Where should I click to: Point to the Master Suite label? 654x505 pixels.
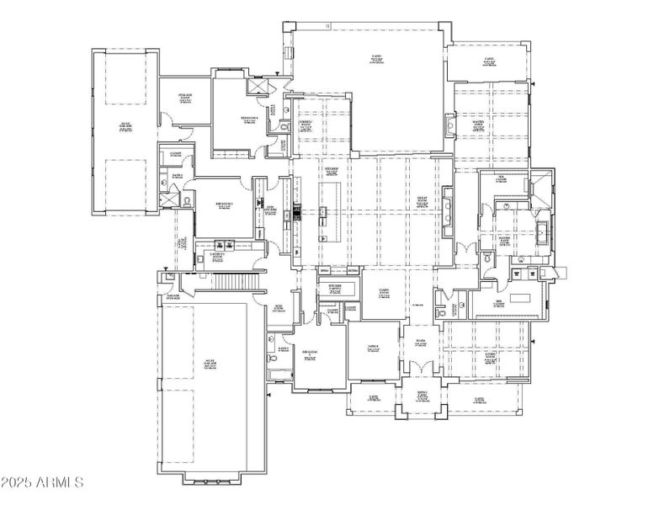[x=477, y=125]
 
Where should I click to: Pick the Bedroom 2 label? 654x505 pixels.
[x=309, y=354]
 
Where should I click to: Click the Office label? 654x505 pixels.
[x=373, y=348]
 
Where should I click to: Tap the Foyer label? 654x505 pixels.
[x=420, y=343]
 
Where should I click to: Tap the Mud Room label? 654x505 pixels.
[x=279, y=307]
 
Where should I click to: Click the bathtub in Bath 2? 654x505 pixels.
[x=280, y=372]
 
